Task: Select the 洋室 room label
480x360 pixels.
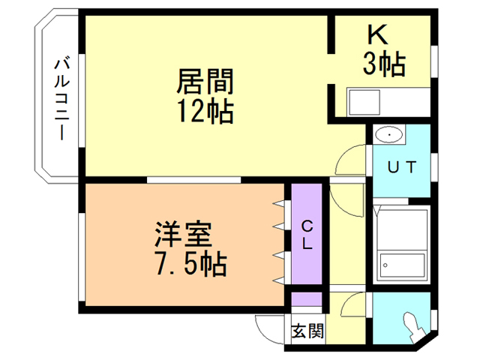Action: (x=183, y=235)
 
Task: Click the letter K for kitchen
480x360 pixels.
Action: (x=375, y=36)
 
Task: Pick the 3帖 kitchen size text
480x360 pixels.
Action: (x=383, y=64)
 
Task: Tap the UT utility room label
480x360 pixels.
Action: (x=401, y=166)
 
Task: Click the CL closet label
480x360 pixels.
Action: (x=307, y=233)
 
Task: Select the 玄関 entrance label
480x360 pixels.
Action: (x=307, y=331)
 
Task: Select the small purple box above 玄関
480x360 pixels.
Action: (x=307, y=299)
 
